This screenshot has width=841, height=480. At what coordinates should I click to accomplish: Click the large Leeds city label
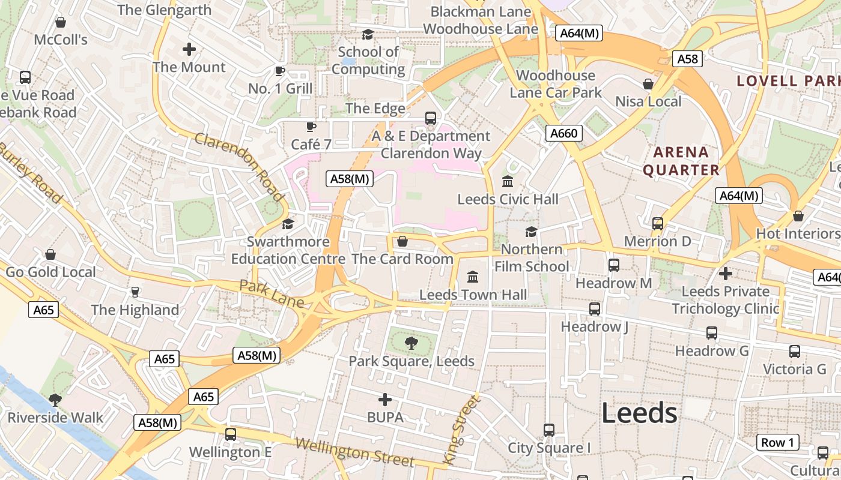click(x=639, y=413)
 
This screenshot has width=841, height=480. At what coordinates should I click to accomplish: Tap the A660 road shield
click(x=564, y=133)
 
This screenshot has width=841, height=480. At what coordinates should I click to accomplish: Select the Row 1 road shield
click(x=777, y=443)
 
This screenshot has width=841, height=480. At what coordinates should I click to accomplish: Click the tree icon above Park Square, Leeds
click(x=411, y=343)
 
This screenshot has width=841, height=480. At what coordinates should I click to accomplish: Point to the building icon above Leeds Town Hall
click(x=473, y=277)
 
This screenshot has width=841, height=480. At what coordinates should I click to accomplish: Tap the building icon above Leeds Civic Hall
click(x=508, y=181)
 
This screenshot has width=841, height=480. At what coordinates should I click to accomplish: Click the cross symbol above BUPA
click(x=385, y=400)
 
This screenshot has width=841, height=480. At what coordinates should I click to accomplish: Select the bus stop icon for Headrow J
click(x=594, y=309)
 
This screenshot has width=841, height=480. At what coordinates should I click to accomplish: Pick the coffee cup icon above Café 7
click(x=311, y=127)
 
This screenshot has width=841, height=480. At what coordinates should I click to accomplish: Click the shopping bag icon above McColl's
click(x=60, y=23)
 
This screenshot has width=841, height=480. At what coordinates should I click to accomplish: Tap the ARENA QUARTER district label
click(x=681, y=161)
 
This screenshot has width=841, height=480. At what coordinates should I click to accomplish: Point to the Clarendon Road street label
click(x=239, y=167)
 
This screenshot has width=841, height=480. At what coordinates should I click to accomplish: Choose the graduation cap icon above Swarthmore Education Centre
click(x=288, y=224)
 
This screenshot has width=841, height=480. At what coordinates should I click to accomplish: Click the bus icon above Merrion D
click(x=657, y=224)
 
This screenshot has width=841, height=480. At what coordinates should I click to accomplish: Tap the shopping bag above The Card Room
click(x=402, y=241)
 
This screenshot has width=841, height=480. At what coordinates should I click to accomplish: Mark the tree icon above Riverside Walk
click(x=55, y=400)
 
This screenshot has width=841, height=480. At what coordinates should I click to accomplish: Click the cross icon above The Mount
click(x=189, y=49)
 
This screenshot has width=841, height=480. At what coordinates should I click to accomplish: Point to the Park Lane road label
click(x=272, y=293)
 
